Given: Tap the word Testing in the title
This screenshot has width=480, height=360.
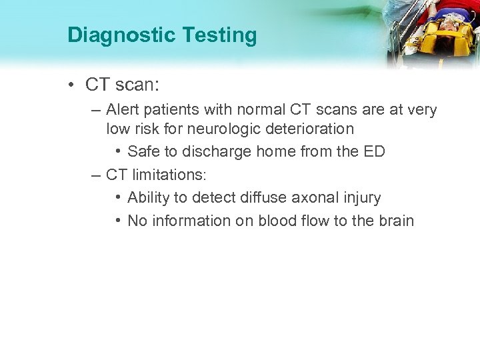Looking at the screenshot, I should coord(220,35).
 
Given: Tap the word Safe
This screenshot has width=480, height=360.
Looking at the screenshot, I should coord(143,151).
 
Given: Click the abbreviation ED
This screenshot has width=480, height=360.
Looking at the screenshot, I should coord(373,151).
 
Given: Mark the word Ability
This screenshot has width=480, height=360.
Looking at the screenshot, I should coord(149,198).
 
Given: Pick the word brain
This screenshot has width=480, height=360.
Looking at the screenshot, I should coord(395,221).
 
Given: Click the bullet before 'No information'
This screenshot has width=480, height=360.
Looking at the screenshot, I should coord(117,221).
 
